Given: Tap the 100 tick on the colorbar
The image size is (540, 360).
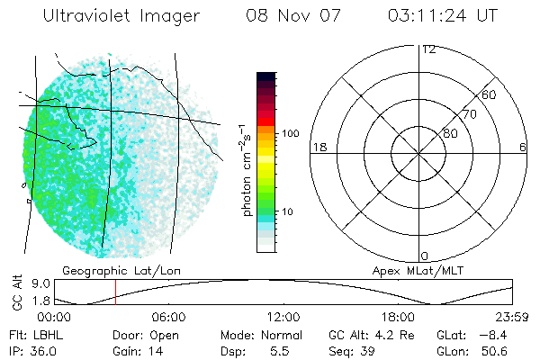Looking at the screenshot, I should pyautogui.click(x=291, y=133).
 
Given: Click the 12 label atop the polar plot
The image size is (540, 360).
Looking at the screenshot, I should pyautogui.click(x=429, y=49).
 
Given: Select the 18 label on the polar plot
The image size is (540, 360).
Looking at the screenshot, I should pyautogui.click(x=318, y=147).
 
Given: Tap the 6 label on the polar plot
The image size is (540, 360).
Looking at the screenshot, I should pyautogui.click(x=523, y=147).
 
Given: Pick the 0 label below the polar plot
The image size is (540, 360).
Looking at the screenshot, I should pyautogui.click(x=425, y=256).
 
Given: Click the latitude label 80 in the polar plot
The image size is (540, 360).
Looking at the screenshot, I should pyautogui.click(x=449, y=134).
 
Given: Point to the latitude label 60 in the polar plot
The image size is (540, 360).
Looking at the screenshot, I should pyautogui.click(x=490, y=94).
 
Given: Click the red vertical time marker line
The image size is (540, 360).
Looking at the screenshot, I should pyautogui.click(x=115, y=292).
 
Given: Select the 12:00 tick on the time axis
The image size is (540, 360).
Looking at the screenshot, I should pyautogui.click(x=283, y=317).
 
